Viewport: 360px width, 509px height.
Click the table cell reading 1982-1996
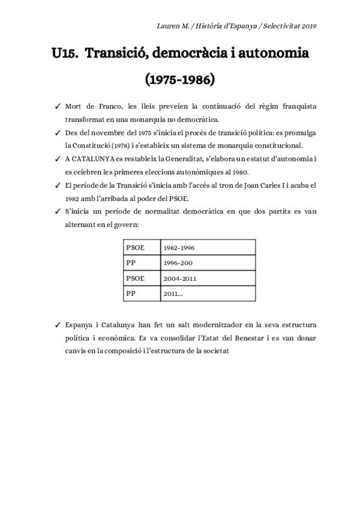tap(179, 247)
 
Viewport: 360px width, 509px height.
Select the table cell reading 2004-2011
tap(179, 279)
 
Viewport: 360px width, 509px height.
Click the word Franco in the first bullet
tap(110, 107)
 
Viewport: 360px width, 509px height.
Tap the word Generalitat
tap(186, 159)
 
